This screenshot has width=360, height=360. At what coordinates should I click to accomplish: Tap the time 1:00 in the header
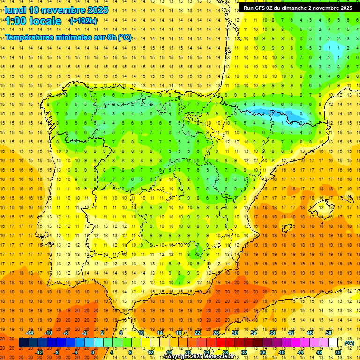tap(15, 21)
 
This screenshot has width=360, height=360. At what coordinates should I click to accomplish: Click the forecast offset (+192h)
tap(83, 21)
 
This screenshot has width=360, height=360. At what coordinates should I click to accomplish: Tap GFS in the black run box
tap(263, 8)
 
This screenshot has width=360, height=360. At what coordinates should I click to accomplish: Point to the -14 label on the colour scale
tap(30, 332)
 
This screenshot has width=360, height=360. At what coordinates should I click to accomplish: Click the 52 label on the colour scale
tap(338, 352)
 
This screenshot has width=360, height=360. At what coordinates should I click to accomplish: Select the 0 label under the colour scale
tap(93, 352)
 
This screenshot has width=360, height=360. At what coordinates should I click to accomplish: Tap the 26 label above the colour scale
tap(216, 332)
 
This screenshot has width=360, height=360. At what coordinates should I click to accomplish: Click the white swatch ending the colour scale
tap(333, 343)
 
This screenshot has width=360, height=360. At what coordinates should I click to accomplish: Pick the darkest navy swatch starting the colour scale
tap(23, 343)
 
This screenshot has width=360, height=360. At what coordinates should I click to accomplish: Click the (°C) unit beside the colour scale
tap(349, 343)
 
